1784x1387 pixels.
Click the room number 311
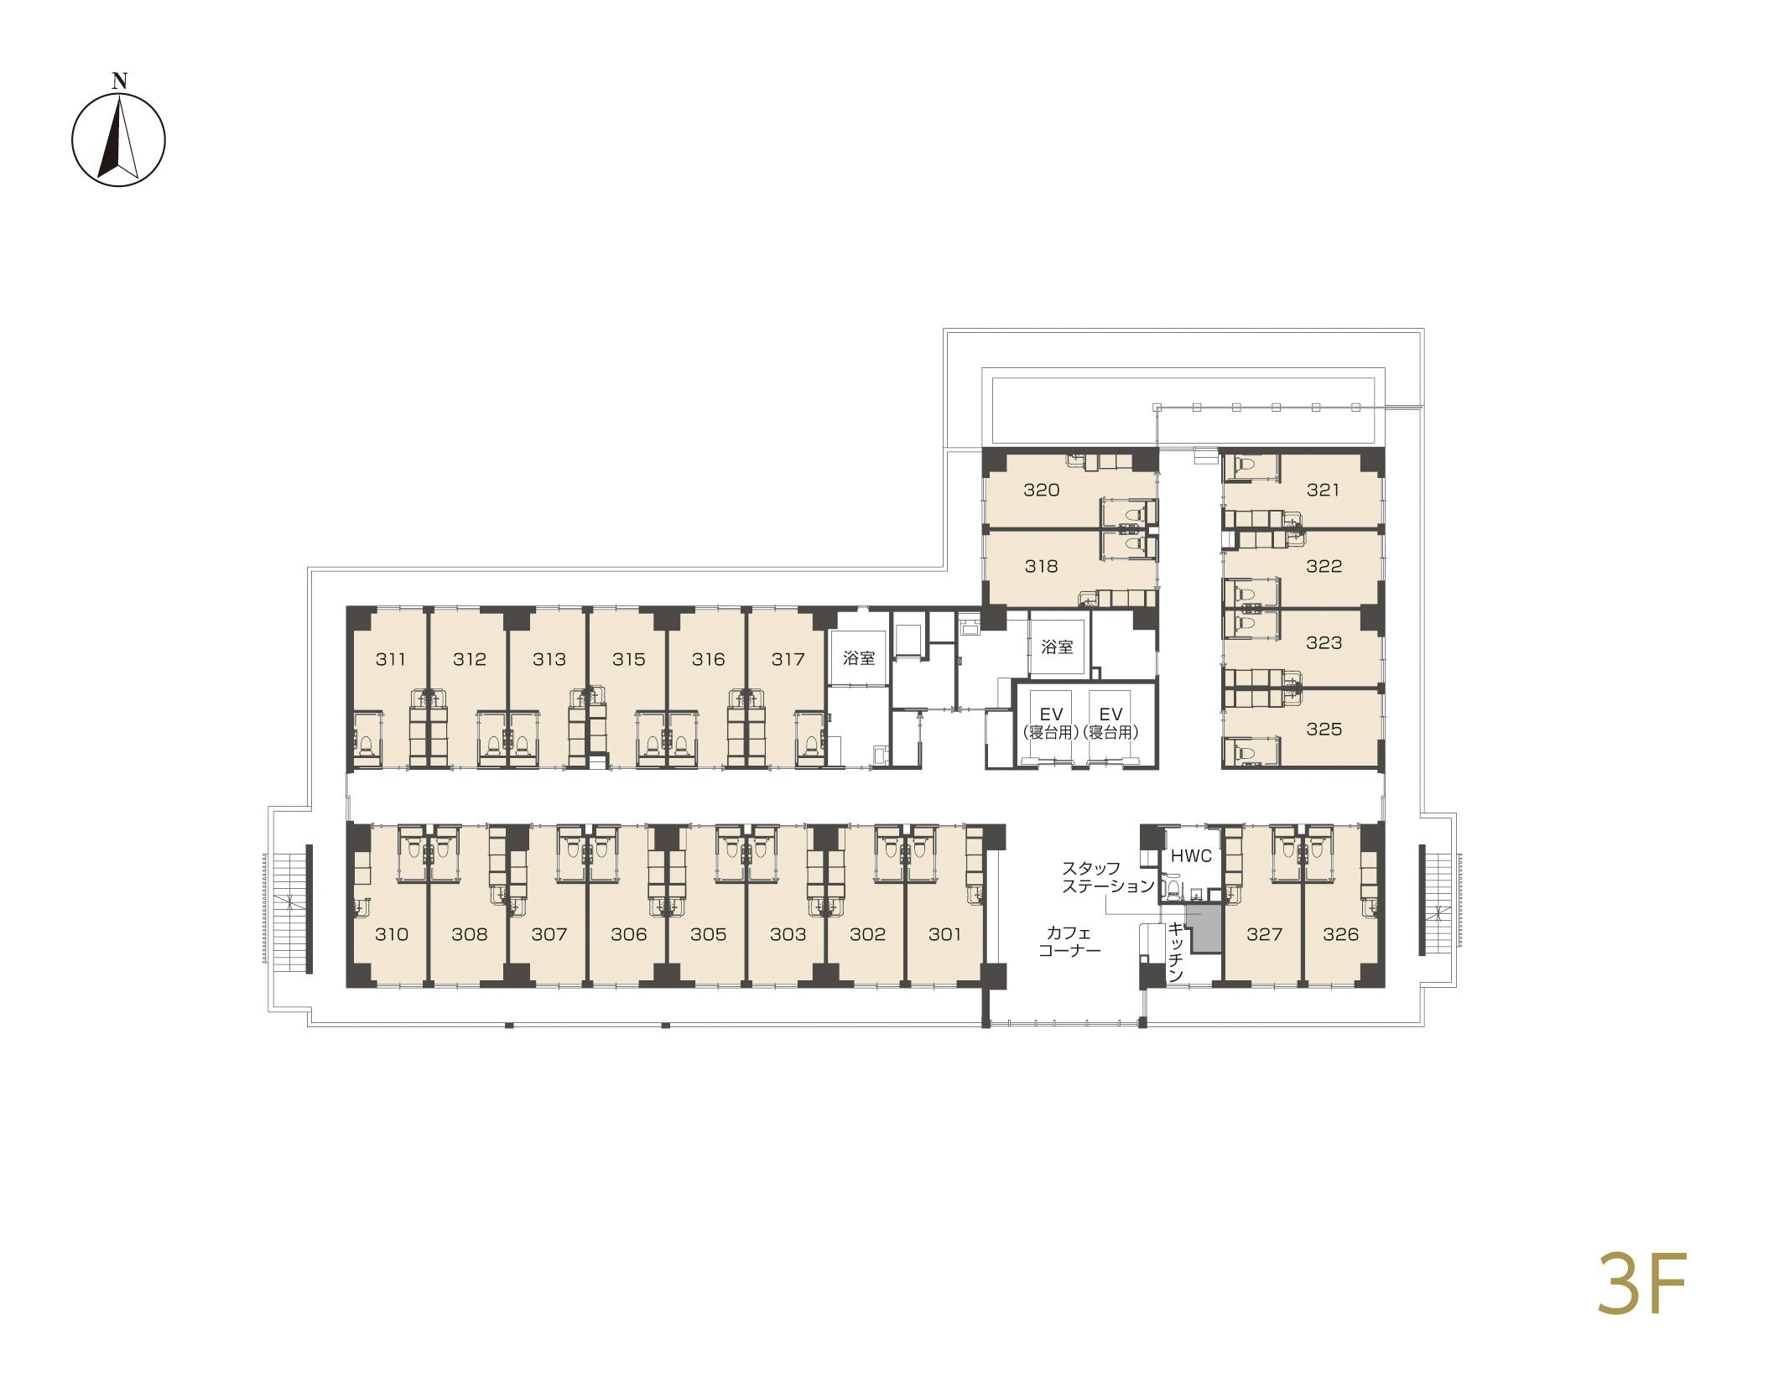(x=390, y=659)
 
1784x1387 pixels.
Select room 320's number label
(x=1041, y=490)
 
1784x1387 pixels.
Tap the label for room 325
(x=1324, y=729)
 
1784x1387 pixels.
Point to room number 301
(x=944, y=934)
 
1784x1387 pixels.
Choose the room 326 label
(x=1339, y=934)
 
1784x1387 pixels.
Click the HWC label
(x=1191, y=856)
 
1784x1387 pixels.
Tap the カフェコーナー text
(x=1069, y=941)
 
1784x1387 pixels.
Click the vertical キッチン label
(x=1176, y=953)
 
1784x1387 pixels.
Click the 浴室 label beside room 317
(x=859, y=658)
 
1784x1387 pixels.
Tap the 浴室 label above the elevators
(x=1057, y=647)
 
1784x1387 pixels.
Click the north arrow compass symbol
(x=118, y=139)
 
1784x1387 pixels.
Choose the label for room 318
(x=1041, y=566)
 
